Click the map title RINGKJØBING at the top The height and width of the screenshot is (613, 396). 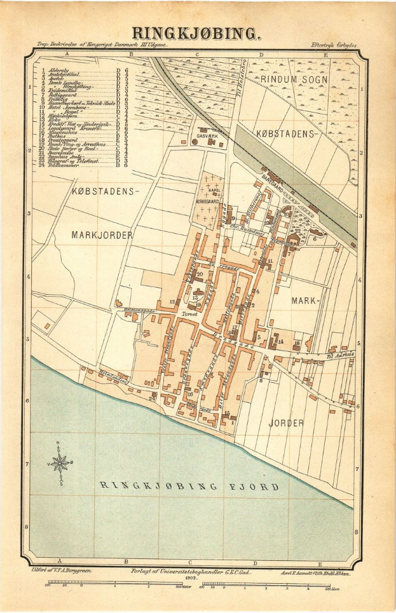[x=196, y=33]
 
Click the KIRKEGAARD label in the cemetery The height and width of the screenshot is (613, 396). [x=215, y=198]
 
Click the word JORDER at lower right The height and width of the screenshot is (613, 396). [x=285, y=422]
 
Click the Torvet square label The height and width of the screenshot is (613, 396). [x=189, y=313]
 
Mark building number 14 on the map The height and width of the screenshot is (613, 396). [x=280, y=342]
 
